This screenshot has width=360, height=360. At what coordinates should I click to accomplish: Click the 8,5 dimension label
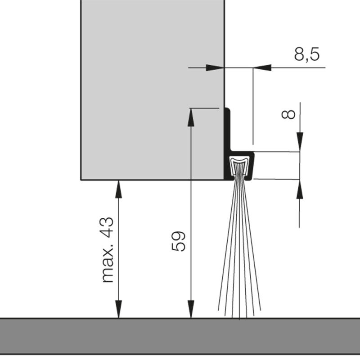coord(307,54)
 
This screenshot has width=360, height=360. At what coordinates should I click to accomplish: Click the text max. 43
coord(108,250)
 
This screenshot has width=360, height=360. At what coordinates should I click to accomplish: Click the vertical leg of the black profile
coord(227,135)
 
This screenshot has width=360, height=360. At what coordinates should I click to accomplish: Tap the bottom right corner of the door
coord(224,180)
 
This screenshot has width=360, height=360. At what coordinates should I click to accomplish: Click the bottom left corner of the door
coord(81,180)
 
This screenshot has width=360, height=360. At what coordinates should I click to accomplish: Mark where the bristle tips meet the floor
coord(238,318)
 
